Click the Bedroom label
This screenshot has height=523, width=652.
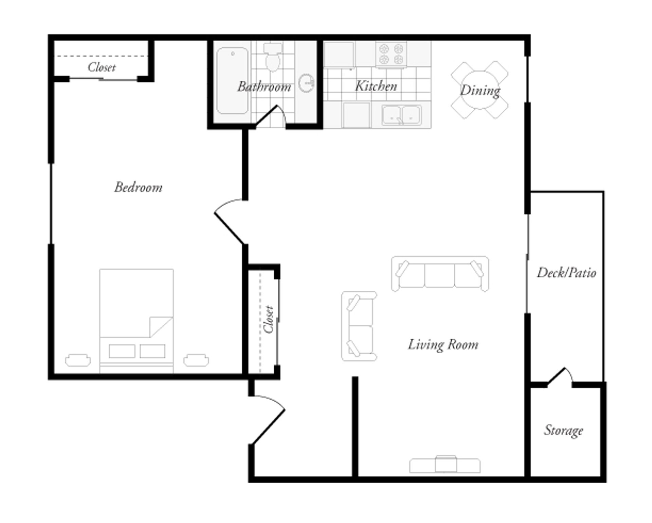click(138, 187)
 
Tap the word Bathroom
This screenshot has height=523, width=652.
click(264, 87)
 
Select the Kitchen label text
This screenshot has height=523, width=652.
click(376, 86)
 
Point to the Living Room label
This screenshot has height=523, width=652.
click(443, 345)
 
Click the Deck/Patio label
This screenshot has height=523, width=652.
click(566, 273)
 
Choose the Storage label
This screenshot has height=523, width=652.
click(564, 431)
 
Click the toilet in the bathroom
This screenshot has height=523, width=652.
click(273, 57)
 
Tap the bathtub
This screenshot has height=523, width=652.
click(233, 80)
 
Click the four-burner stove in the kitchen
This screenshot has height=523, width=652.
click(391, 54)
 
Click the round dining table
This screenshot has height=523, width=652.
click(479, 90)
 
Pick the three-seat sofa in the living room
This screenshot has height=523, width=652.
click(440, 274)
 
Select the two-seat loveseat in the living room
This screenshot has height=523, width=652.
click(359, 326)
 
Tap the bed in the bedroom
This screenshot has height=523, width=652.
click(137, 321)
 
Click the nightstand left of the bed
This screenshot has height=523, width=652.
click(78, 360)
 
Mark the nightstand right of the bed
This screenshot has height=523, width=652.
click(196, 360)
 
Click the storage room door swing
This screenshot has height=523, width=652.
click(560, 376)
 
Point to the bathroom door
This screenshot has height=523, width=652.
click(271, 115)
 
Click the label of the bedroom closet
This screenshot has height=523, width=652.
click(102, 67)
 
